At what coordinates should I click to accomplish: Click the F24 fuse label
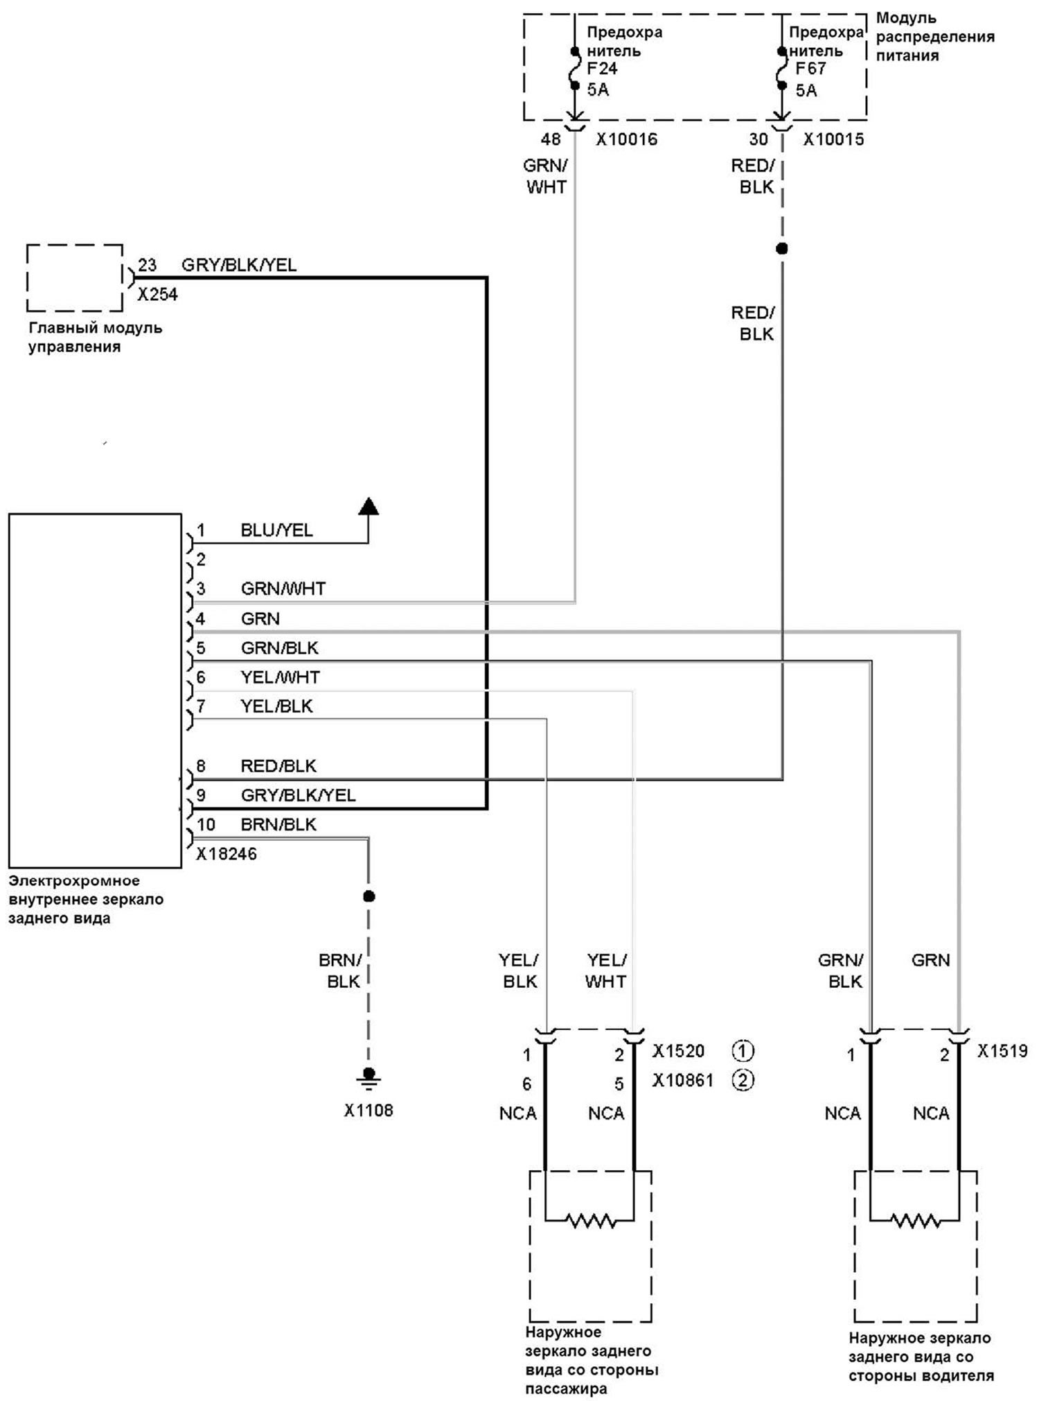[x=602, y=69]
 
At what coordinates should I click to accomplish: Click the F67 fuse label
[x=810, y=69]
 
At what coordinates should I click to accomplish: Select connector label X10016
[x=627, y=139]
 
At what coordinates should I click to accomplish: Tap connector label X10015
[x=834, y=139]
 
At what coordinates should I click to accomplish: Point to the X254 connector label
[x=157, y=295]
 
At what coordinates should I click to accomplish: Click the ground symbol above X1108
[x=368, y=1078]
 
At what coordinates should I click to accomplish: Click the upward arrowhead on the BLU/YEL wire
[x=368, y=506]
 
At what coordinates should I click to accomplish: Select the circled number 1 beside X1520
[x=743, y=1051]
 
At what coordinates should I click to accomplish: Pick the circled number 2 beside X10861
[x=743, y=1080]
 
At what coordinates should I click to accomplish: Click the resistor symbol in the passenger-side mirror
[x=591, y=1219]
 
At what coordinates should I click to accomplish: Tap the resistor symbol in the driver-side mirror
[x=915, y=1219]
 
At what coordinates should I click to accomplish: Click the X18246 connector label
[x=227, y=854]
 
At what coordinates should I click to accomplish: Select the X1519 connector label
[x=1002, y=1051]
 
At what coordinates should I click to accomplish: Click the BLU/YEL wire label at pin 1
[x=276, y=530]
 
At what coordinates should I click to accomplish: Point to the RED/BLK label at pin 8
[x=278, y=766]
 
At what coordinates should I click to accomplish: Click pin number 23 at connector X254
[x=147, y=265]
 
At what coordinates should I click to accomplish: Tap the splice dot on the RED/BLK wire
[x=782, y=248]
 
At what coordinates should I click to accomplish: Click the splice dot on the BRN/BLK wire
[x=368, y=896]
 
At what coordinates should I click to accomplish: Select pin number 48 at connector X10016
[x=551, y=139]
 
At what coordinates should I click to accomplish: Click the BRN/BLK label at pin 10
[x=278, y=824]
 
